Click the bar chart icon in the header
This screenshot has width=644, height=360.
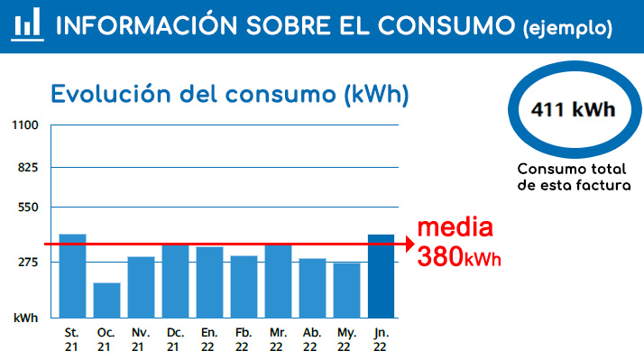[x=28, y=24]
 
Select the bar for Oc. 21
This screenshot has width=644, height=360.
[x=106, y=300]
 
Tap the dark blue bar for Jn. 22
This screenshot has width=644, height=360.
[x=382, y=276]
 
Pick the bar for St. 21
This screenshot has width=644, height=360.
[x=73, y=276]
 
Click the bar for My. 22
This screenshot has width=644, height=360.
[x=346, y=291]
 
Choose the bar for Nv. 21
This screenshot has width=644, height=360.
[x=142, y=287]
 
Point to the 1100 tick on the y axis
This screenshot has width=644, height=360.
[x=25, y=125]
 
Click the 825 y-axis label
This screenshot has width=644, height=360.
[x=28, y=168]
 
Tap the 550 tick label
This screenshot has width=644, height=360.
[x=28, y=208]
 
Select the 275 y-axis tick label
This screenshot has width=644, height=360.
[x=28, y=263]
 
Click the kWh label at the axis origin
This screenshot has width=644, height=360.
[x=25, y=318]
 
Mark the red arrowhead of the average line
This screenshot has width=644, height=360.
[x=410, y=245]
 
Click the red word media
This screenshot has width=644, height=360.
[x=455, y=227]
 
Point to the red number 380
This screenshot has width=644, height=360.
[x=440, y=256]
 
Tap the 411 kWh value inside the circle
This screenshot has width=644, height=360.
[x=574, y=110]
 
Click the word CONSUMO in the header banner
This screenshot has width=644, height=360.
[x=446, y=25]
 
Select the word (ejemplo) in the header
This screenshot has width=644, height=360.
[x=568, y=28]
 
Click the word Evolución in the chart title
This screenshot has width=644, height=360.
[x=110, y=94]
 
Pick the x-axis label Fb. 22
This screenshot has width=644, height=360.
[x=244, y=340]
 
